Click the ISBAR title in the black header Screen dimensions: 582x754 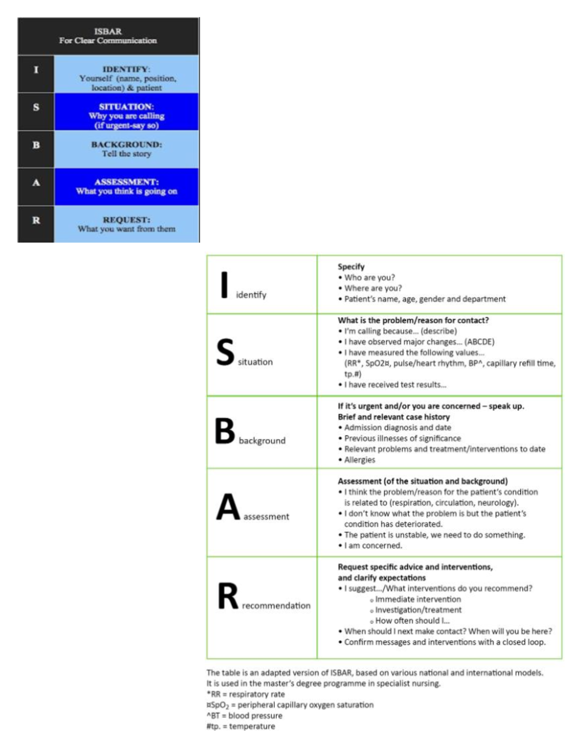pyautogui.click(x=108, y=32)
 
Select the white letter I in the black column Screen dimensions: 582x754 pyautogui.click(x=36, y=70)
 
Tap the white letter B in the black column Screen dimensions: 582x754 pyautogui.click(x=36, y=145)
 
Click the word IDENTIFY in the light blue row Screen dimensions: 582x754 pyautogui.click(x=126, y=69)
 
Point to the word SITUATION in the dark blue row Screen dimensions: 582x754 pyautogui.click(x=126, y=107)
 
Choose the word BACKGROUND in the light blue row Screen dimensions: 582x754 pyautogui.click(x=127, y=145)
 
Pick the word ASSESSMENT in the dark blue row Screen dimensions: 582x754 pyautogui.click(x=127, y=182)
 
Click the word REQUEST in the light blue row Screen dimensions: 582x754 pyautogui.click(x=126, y=220)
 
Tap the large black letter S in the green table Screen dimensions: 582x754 pyautogui.click(x=225, y=352)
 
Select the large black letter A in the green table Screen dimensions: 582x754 pyautogui.click(x=228, y=507)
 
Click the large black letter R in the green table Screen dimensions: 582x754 pyautogui.click(x=228, y=596)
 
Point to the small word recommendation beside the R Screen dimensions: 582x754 pyautogui.click(x=276, y=606)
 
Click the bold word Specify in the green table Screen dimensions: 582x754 pyautogui.click(x=351, y=267)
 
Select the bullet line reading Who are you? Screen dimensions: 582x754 pyautogui.click(x=369, y=278)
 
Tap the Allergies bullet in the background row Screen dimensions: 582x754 pyautogui.click(x=359, y=460)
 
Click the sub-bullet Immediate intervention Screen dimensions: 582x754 pyautogui.click(x=418, y=600)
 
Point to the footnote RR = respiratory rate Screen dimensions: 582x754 pyautogui.click(x=247, y=694)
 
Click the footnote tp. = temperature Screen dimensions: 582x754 pyautogui.click(x=242, y=726)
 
